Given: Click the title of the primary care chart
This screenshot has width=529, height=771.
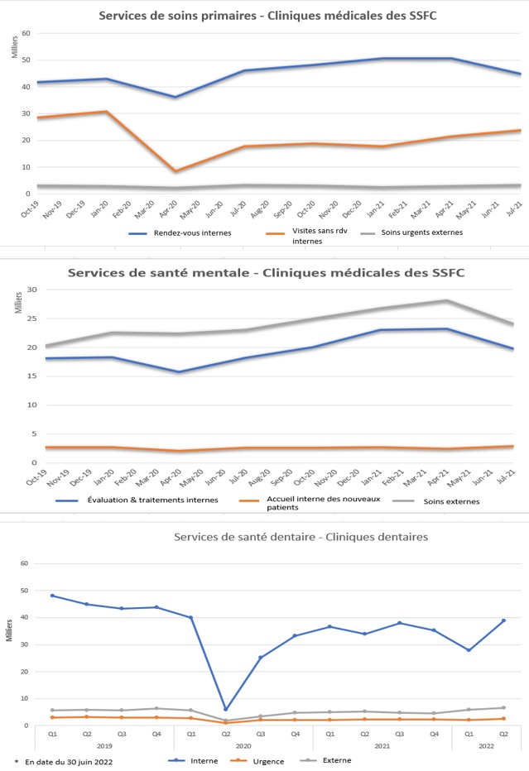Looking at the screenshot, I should click(x=268, y=16).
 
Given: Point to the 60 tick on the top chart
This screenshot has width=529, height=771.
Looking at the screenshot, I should click(x=26, y=33).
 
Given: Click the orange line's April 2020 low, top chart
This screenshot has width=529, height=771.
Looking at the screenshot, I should click(x=175, y=171).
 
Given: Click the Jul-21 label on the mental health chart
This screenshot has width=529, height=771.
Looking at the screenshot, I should click(x=507, y=477).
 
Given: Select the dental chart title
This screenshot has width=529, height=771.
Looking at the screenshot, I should click(x=301, y=537).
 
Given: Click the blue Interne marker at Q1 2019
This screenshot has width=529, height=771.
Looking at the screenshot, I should click(x=52, y=596).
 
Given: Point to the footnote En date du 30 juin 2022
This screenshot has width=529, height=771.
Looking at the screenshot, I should click(x=65, y=760).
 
